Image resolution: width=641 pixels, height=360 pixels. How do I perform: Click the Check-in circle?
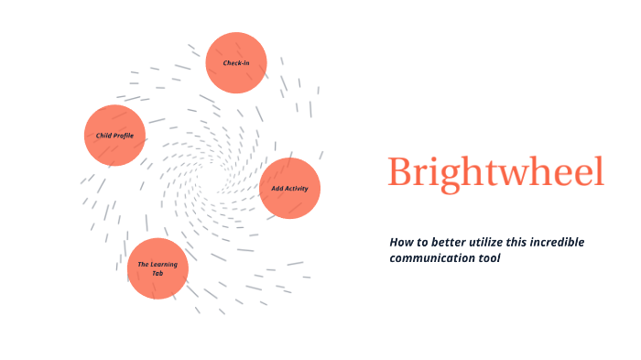(236, 62)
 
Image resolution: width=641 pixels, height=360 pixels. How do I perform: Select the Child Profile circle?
(115, 136)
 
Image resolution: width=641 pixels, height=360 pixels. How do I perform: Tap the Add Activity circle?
(290, 188)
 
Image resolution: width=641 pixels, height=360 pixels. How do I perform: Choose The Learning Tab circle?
(158, 268)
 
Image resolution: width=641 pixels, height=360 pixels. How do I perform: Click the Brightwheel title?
(495, 172)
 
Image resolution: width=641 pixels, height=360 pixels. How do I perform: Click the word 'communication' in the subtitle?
(429, 258)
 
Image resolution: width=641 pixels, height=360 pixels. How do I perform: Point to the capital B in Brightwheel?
(400, 172)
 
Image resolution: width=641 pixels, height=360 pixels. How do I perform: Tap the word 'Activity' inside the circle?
(297, 188)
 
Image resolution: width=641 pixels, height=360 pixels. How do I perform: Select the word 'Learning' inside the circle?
(164, 264)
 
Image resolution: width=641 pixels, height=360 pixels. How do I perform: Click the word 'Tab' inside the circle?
(158, 273)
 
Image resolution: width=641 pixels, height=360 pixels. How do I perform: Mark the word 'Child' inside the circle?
(103, 136)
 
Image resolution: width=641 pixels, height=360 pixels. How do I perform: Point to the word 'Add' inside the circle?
(277, 188)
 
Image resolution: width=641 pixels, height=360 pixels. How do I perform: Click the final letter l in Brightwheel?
(600, 170)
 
